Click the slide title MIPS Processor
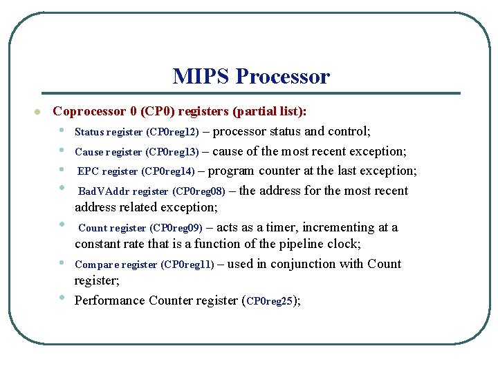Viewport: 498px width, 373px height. tap(251, 76)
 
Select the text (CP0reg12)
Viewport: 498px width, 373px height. tap(174, 132)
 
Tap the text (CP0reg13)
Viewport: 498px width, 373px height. tap(174, 152)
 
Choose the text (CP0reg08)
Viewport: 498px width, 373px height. tap(199, 191)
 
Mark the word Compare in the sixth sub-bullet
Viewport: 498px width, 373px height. tap(95, 265)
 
